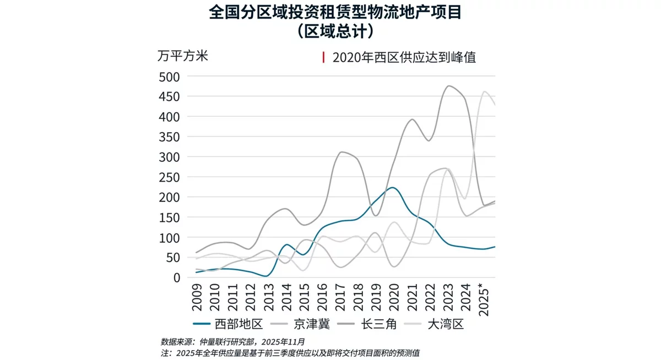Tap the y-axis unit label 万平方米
(x=183, y=56)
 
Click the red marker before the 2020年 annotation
(x=324, y=57)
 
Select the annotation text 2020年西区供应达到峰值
(x=404, y=57)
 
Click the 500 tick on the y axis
(x=169, y=77)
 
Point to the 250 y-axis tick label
(x=169, y=177)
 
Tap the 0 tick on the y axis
(x=176, y=277)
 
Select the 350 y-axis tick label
(x=169, y=137)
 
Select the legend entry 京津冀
(x=312, y=324)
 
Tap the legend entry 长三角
(x=378, y=324)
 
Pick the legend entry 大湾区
(x=446, y=324)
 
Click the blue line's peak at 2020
(x=392, y=188)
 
